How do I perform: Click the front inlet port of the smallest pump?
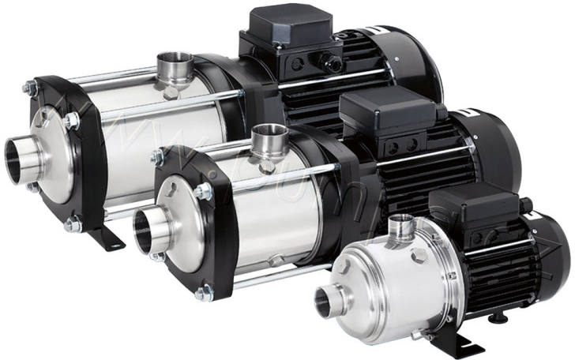coord(326,299)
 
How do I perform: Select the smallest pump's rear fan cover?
coord(553,253)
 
